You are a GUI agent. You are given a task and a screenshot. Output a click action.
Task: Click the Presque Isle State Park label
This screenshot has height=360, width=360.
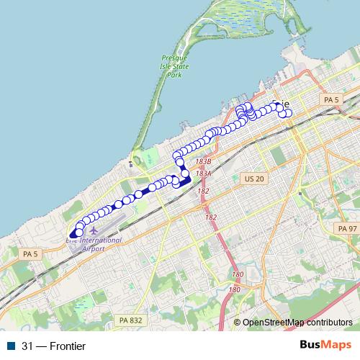click(174, 66)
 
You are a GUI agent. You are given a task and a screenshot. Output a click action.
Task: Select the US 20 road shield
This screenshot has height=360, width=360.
click(254, 178)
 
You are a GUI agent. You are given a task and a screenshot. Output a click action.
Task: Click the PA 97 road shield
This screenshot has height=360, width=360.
click(346, 228)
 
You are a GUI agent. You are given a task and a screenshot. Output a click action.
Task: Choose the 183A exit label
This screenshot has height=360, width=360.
click(203, 174)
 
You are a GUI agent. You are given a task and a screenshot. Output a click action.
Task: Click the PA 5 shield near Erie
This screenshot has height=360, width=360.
click(331, 99)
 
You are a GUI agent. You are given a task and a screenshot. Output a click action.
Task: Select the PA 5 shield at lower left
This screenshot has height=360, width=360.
click(30, 254)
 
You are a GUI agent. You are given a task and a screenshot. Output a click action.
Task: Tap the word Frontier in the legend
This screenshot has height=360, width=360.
click(67, 346)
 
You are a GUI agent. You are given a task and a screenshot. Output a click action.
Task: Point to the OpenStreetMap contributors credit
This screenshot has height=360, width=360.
click(297, 323)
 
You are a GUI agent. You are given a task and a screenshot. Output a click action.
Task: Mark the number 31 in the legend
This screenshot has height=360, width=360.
click(28, 346)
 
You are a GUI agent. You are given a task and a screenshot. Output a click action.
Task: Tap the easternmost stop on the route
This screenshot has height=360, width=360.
click(289, 113)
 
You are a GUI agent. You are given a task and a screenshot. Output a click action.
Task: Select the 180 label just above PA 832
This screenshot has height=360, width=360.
click(234, 289)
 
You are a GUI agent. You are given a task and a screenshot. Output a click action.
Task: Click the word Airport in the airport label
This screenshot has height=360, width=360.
click(93, 248)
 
